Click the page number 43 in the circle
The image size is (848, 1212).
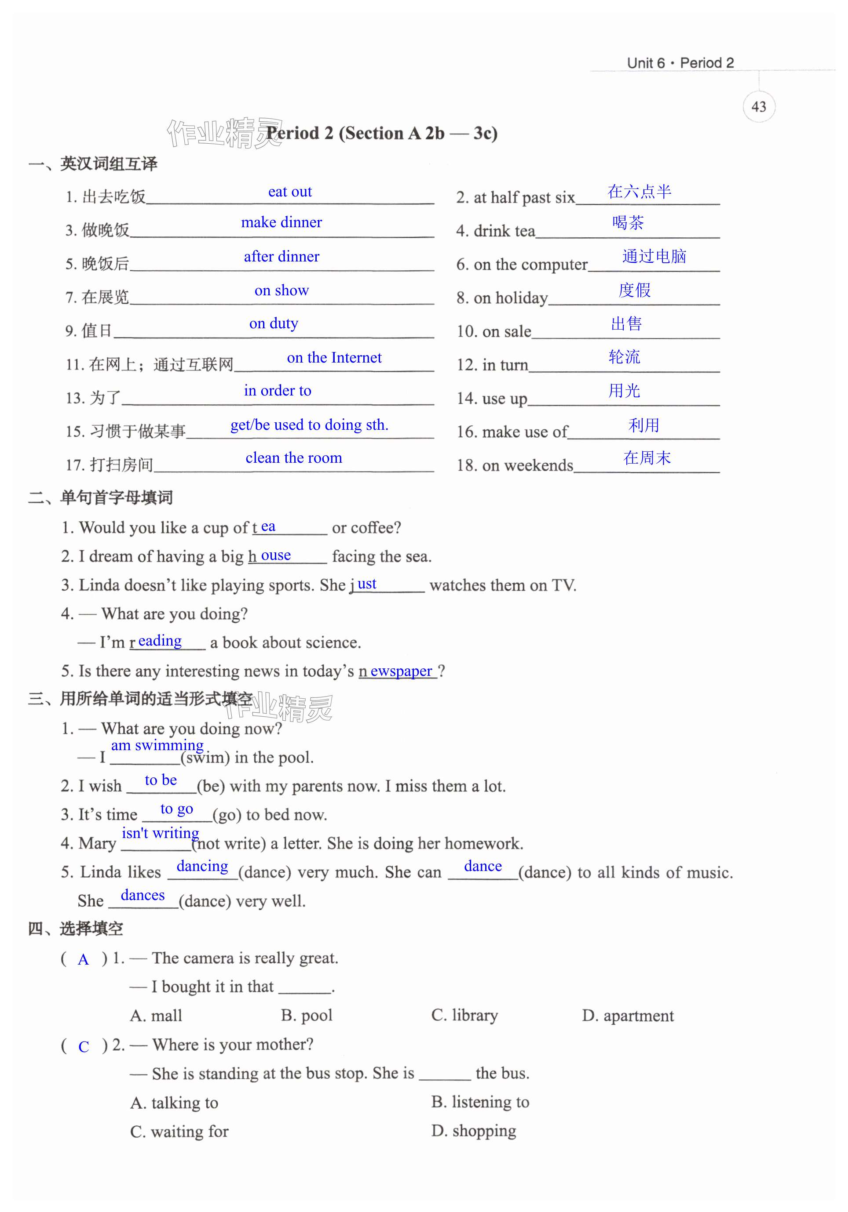[x=758, y=107]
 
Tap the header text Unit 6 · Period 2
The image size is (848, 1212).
[x=680, y=63]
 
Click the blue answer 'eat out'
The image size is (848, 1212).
[x=289, y=192]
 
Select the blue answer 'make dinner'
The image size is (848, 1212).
[x=281, y=222]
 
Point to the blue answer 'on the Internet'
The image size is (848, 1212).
[x=334, y=357]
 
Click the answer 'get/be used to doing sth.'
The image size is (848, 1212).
[x=309, y=425]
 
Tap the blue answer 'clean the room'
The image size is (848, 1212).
[x=293, y=457]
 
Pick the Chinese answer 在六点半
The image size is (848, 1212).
[x=640, y=191]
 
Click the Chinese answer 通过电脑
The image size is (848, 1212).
[x=654, y=256]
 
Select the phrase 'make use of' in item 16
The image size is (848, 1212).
[x=525, y=432]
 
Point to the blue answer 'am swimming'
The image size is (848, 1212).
[x=157, y=745]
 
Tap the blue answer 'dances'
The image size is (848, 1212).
[x=143, y=895]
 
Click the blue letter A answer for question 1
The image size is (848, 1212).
[x=83, y=960]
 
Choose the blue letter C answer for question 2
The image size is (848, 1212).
[x=84, y=1047]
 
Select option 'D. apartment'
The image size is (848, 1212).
[x=628, y=1016]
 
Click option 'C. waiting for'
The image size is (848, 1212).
[x=179, y=1132]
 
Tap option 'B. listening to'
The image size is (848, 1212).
[x=480, y=1102]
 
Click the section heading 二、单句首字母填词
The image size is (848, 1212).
[x=100, y=497]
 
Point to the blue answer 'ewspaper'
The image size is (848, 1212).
[x=401, y=671]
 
